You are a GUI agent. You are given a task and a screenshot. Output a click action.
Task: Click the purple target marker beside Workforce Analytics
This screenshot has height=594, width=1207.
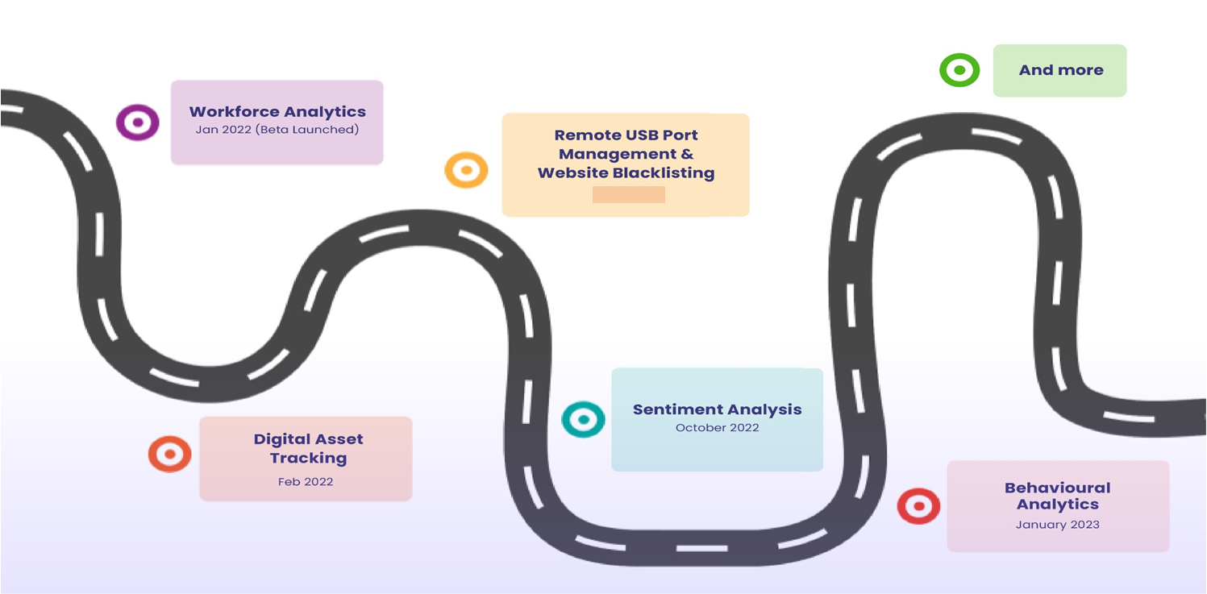point(137,123)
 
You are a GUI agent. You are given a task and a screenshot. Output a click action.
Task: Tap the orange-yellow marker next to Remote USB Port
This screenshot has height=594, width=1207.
point(466,170)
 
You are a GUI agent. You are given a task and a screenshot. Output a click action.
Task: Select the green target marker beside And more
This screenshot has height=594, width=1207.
point(959,70)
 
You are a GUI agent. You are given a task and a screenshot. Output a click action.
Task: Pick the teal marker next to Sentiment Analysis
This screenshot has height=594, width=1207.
point(583,419)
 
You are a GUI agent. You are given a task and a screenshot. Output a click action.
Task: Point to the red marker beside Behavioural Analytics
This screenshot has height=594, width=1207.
point(918,506)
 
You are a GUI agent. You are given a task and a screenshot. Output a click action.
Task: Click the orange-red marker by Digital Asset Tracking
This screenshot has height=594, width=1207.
point(169,454)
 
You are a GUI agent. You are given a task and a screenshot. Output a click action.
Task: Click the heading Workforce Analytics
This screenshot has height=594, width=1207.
point(277,112)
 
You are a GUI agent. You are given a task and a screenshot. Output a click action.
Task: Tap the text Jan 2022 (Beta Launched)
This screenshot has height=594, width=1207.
point(277,130)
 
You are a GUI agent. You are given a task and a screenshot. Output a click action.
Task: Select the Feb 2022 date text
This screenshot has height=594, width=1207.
point(306,482)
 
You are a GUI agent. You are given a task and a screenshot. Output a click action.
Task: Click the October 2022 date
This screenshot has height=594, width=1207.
point(718,428)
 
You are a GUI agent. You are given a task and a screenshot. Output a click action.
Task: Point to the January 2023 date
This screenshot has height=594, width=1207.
point(1057,525)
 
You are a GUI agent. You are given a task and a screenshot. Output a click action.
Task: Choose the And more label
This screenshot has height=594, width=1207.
point(1060,70)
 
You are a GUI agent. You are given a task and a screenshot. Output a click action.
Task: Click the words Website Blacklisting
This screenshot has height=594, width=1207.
point(626,172)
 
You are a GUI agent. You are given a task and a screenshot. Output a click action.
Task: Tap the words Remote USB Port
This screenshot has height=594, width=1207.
point(626,135)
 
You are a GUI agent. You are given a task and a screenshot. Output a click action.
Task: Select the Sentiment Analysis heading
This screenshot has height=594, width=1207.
point(717,409)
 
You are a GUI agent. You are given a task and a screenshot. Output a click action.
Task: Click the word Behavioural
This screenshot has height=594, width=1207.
point(1057,488)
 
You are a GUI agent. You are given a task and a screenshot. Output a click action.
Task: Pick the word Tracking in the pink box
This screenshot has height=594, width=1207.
point(308,458)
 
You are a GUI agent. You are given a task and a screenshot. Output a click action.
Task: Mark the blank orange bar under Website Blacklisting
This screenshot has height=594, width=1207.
point(628,194)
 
